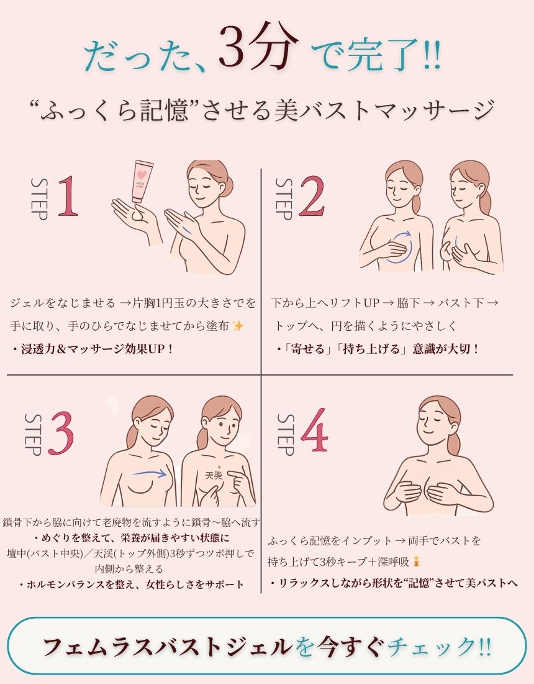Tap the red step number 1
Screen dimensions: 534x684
point(68,196)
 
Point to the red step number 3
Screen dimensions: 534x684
point(61,433)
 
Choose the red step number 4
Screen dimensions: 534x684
point(314,430)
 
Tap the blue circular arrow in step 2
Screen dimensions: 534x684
point(399,247)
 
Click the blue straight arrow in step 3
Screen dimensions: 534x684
point(150,473)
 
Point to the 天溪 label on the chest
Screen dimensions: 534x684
point(214,475)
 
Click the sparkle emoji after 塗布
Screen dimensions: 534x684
point(238,326)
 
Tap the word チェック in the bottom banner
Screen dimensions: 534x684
point(431,647)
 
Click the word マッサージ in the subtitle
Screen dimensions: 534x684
point(438,109)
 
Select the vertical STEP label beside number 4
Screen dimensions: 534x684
point(286,434)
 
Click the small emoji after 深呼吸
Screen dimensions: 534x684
point(417,562)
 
